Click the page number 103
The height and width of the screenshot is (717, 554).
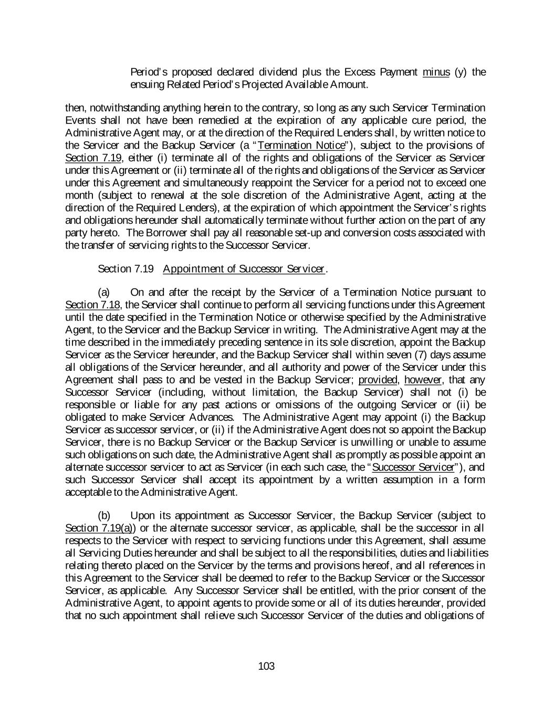pyautogui.click(x=266, y=667)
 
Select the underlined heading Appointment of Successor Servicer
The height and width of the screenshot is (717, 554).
pyautogui.click(x=244, y=269)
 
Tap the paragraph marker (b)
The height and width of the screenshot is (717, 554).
pyautogui.click(x=104, y=515)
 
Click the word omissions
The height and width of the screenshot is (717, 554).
pyautogui.click(x=308, y=404)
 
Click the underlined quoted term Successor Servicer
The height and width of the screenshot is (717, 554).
pyautogui.click(x=412, y=467)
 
